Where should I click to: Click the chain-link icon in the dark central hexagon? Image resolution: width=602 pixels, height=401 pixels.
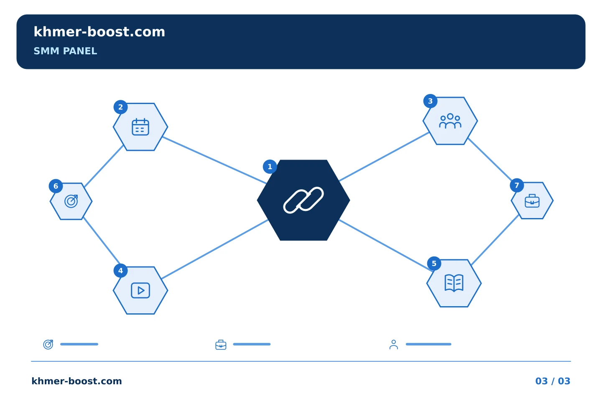(x=304, y=200)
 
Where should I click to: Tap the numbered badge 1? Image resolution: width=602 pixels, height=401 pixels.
(x=270, y=167)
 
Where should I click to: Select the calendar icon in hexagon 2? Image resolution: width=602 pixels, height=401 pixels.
(x=140, y=127)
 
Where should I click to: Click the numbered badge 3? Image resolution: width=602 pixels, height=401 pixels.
(x=430, y=101)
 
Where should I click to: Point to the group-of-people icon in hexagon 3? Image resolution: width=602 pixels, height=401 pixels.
(x=450, y=121)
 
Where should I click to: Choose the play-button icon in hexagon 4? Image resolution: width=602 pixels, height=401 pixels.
(x=140, y=290)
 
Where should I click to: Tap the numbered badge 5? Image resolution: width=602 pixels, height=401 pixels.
(x=434, y=264)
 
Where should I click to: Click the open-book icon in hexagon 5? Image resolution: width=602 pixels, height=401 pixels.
(x=454, y=283)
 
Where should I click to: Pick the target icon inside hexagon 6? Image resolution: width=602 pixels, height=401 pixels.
(x=71, y=201)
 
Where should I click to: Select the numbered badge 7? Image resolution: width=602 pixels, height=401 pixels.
(x=517, y=185)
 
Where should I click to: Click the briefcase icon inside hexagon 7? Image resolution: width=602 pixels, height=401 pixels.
(x=532, y=201)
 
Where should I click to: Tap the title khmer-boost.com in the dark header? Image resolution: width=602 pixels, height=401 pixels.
(x=99, y=32)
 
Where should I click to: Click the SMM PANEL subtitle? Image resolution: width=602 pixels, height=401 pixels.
(x=65, y=51)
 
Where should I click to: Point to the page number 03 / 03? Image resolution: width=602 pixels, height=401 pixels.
(x=553, y=381)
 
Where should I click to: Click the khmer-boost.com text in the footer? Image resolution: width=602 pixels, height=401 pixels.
(x=77, y=381)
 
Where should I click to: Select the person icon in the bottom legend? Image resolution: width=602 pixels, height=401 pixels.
(x=394, y=345)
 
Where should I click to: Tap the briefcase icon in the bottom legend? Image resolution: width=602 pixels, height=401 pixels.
(x=221, y=345)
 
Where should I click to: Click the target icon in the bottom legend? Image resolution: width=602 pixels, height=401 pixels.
(x=48, y=345)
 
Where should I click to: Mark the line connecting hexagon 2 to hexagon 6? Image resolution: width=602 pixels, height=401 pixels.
(x=104, y=166)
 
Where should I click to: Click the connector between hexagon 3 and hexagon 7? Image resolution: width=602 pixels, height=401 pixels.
(x=490, y=160)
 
